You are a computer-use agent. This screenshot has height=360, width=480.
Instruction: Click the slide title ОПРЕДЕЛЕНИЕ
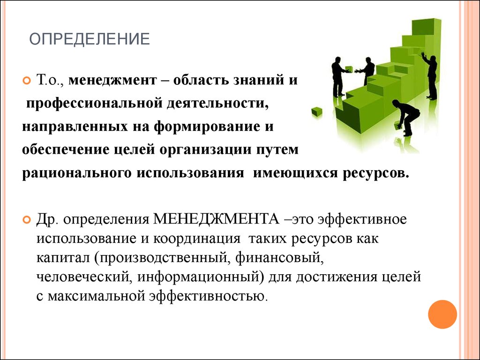(x=90, y=39)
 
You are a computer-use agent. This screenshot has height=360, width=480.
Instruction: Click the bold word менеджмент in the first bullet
(x=112, y=80)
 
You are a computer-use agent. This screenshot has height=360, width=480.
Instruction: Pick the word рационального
(x=77, y=173)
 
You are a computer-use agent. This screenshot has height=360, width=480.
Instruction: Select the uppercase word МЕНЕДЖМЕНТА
(x=216, y=219)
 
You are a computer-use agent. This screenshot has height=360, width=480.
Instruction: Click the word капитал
(x=63, y=258)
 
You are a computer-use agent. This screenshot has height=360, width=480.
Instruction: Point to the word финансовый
(x=279, y=258)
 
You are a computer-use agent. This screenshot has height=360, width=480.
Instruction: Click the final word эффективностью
(x=208, y=296)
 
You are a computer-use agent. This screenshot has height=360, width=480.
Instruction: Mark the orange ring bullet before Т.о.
(x=27, y=81)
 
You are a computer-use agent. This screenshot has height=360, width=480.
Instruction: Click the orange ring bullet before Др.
(x=27, y=219)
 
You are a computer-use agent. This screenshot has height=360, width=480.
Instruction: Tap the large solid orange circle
(x=442, y=315)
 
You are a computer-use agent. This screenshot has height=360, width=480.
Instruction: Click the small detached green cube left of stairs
(x=317, y=112)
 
